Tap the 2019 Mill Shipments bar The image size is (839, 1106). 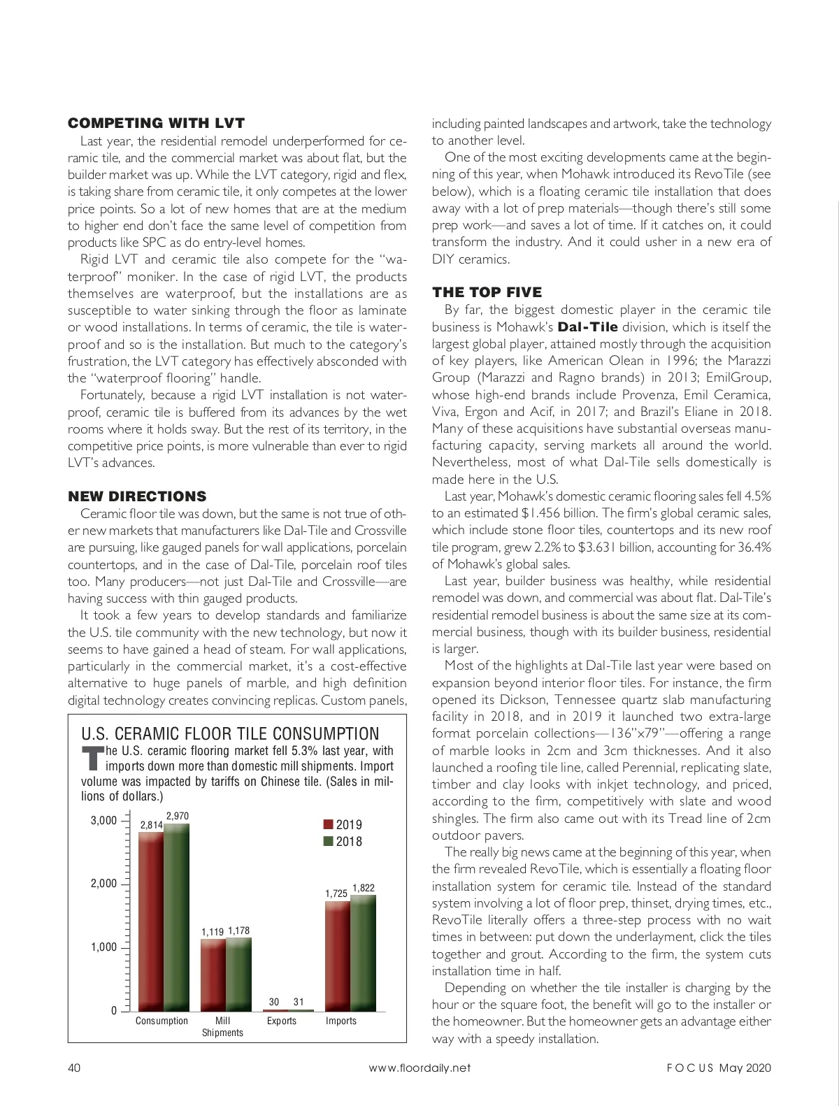pyautogui.click(x=213, y=975)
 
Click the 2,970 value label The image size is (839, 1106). pyautogui.click(x=177, y=816)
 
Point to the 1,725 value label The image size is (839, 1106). pyautogui.click(x=336, y=893)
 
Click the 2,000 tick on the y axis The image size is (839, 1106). pyautogui.click(x=103, y=884)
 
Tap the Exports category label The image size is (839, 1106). pyautogui.click(x=282, y=1021)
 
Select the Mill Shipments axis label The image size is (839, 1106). pyautogui.click(x=222, y=1026)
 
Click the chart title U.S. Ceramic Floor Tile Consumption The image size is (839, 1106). pyautogui.click(x=230, y=733)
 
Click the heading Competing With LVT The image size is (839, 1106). pyautogui.click(x=156, y=124)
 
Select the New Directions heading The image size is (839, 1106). pyautogui.click(x=137, y=496)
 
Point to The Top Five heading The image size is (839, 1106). pyautogui.click(x=487, y=292)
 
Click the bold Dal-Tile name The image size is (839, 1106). pyautogui.click(x=587, y=326)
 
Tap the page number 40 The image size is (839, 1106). pyautogui.click(x=74, y=1068)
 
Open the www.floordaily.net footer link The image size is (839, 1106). pyautogui.click(x=419, y=1068)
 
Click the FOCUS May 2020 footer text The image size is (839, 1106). pyautogui.click(x=718, y=1068)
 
